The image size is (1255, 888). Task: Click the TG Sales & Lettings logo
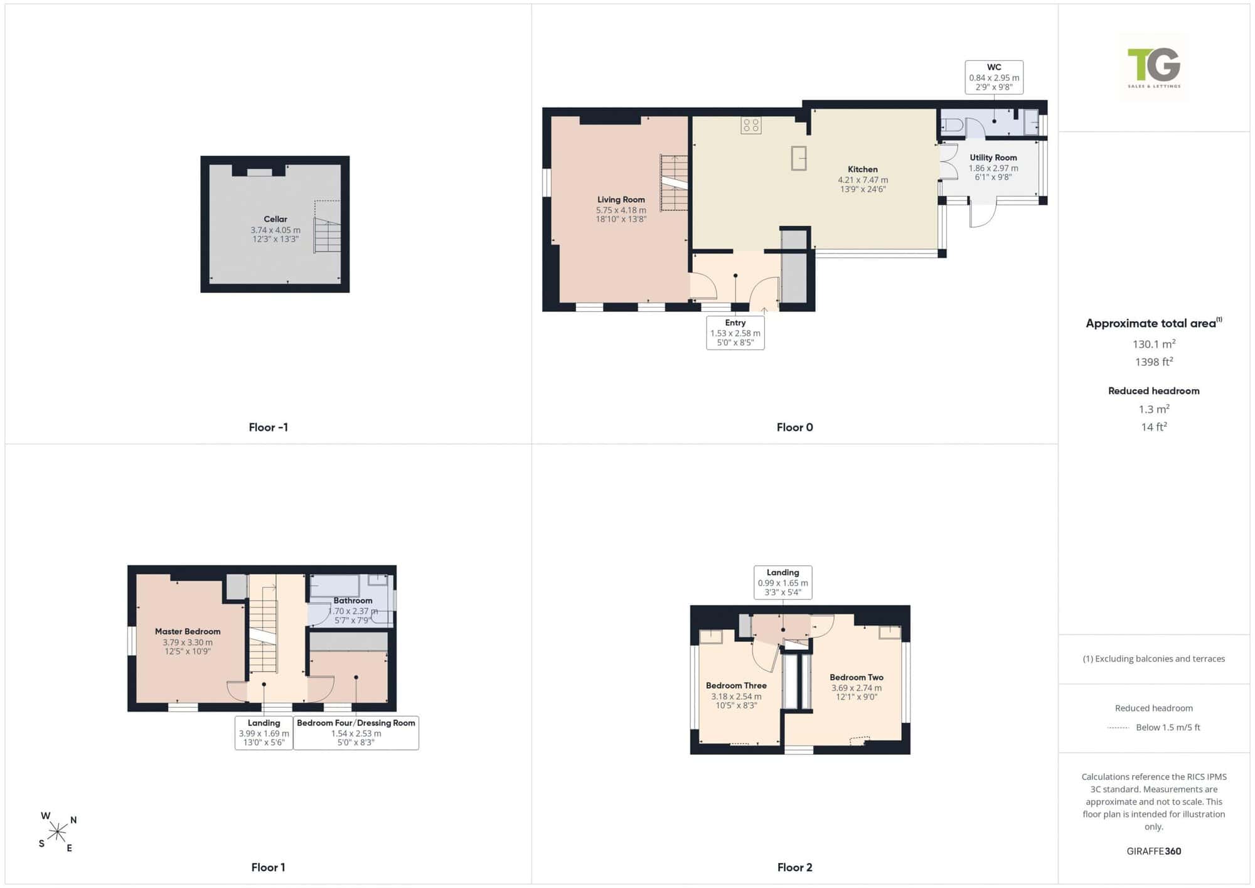coord(1154,68)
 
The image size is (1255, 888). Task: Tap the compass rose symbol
coord(58,832)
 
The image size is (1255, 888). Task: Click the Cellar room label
coord(275,219)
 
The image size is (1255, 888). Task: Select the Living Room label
coord(621,200)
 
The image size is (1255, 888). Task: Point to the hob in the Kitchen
coord(751,126)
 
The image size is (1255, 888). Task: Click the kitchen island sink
coord(799,158)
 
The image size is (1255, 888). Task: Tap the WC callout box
coord(994,77)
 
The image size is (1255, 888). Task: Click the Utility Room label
coord(993,158)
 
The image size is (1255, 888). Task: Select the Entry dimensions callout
coord(735,333)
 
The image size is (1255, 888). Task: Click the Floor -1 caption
coord(269,427)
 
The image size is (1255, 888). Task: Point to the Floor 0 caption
coord(795,427)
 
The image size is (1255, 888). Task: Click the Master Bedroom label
coord(188,631)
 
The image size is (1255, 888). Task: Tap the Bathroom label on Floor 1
coord(353,601)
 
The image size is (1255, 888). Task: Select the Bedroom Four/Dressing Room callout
coord(356,732)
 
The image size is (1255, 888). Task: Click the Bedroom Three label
coord(736,685)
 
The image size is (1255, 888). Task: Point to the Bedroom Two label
coord(857,677)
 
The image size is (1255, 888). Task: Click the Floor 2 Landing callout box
coord(783,582)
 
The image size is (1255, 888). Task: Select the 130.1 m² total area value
coord(1154,344)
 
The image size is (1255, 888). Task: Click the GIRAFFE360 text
coord(1154,851)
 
